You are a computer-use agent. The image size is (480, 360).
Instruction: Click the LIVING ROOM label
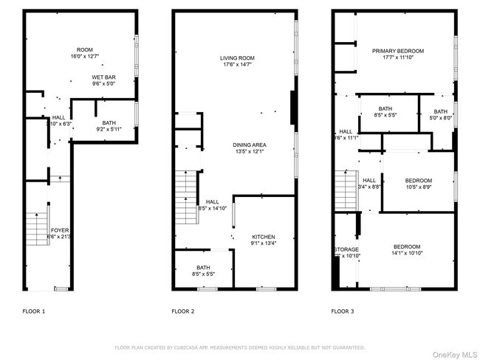[x=237, y=58]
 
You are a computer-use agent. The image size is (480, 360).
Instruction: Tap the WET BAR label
[x=103, y=77]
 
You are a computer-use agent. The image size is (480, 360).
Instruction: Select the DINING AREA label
[x=250, y=145]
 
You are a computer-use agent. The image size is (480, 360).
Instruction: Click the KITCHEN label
[x=262, y=237]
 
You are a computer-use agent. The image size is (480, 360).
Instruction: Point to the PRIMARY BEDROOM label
[x=398, y=51]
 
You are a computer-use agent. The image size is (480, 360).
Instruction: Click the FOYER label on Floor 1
[x=60, y=230]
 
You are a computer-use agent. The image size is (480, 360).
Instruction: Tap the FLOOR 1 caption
[x=33, y=311]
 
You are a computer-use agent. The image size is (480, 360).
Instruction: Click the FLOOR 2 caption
[x=183, y=311]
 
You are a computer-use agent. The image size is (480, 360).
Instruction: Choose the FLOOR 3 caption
[x=342, y=311]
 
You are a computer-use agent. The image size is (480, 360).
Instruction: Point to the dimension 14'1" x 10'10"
[x=406, y=253]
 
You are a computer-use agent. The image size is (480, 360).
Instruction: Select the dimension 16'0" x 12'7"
[x=85, y=57]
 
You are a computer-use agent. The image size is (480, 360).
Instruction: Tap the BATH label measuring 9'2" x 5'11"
[x=109, y=123]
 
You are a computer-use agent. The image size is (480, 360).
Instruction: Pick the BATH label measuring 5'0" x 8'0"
[x=440, y=111]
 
